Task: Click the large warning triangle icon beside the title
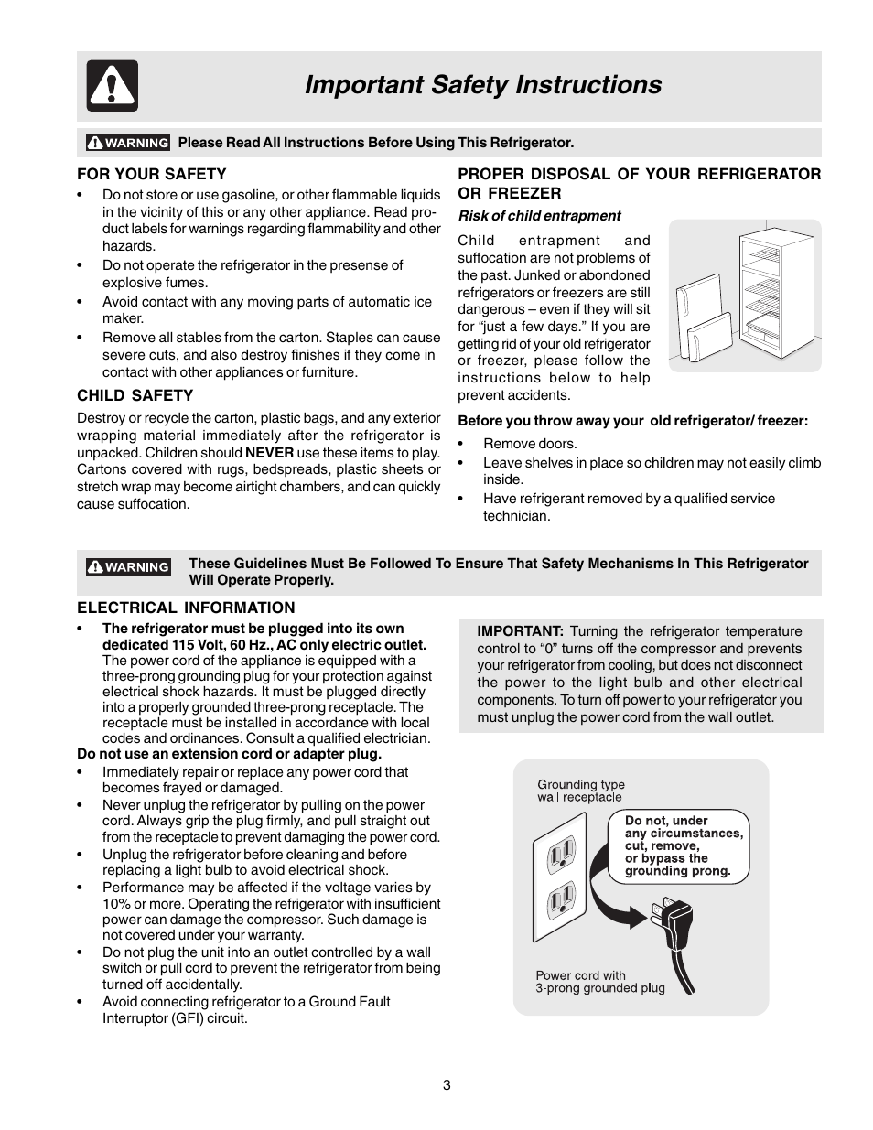(x=112, y=86)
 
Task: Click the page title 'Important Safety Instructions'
(x=482, y=85)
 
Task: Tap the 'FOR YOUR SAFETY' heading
(x=151, y=174)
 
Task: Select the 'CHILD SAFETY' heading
(x=135, y=395)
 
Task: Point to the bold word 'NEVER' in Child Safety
(x=269, y=453)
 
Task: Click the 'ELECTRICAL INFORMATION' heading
(x=186, y=608)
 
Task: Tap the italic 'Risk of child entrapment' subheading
(x=539, y=216)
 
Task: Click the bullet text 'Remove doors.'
(x=530, y=444)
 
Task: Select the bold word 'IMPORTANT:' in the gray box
(x=520, y=631)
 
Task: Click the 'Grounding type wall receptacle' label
(x=581, y=791)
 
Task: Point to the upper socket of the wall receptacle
(x=561, y=856)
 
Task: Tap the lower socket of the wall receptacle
(x=561, y=902)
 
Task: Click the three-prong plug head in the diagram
(x=673, y=916)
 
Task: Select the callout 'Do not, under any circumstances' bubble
(x=678, y=846)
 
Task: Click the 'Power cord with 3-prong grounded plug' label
(x=599, y=982)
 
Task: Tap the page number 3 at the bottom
(x=447, y=1085)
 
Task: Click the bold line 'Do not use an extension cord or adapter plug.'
(x=229, y=754)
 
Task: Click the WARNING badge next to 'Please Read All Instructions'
(x=128, y=143)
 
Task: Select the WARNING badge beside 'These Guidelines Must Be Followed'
(x=128, y=567)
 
